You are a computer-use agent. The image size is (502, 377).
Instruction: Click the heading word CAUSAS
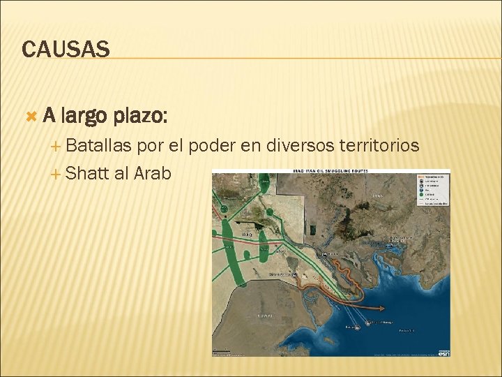pos(66,50)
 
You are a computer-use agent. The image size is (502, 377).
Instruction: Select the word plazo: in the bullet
pos(142,115)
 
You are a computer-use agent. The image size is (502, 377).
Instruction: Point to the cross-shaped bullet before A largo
pos(30,114)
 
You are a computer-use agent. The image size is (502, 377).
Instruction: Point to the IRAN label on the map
pos(377,198)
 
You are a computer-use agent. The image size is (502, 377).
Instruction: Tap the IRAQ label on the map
pos(246,235)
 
